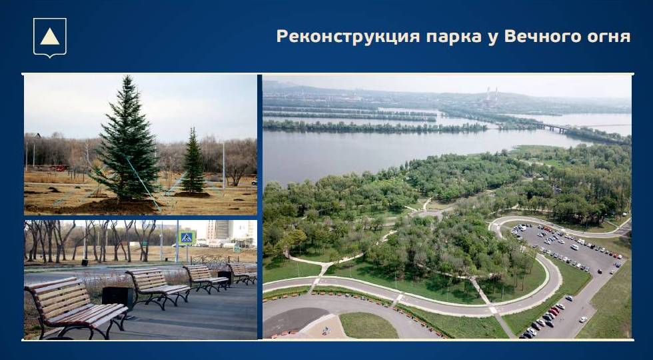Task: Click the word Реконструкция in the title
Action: (x=348, y=36)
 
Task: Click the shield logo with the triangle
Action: (x=50, y=37)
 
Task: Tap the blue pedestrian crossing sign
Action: (x=186, y=238)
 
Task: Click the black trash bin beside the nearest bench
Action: (x=117, y=297)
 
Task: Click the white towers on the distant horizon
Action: (x=492, y=94)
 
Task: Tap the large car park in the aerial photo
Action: (x=566, y=249)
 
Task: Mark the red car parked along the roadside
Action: (x=553, y=311)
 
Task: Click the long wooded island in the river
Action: (x=374, y=127)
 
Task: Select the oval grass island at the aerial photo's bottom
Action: (x=368, y=325)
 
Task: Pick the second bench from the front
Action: (x=157, y=287)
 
